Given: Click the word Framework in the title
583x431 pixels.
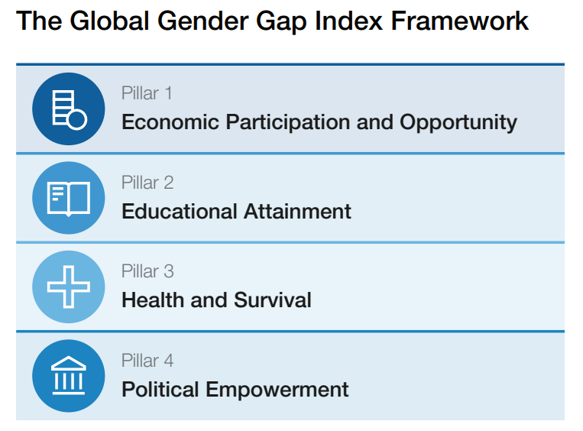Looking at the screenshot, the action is pyautogui.click(x=459, y=21).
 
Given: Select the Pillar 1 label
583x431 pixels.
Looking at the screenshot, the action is pyautogui.click(x=147, y=93).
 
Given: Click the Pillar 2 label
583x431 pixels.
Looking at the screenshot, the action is pyautogui.click(x=147, y=183).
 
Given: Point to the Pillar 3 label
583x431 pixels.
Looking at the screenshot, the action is pyautogui.click(x=147, y=271).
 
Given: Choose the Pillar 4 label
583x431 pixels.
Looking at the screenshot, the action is pyautogui.click(x=147, y=361).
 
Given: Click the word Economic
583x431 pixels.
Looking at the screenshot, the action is pyautogui.click(x=170, y=122).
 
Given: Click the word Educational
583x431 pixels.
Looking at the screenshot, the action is pyautogui.click(x=180, y=211).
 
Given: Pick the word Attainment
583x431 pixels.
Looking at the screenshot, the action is pyautogui.click(x=297, y=211).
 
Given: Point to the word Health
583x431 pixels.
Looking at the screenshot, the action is pyautogui.click(x=153, y=300).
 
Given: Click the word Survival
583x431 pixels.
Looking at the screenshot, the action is pyautogui.click(x=273, y=300).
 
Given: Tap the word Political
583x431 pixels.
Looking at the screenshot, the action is pyautogui.click(x=160, y=389).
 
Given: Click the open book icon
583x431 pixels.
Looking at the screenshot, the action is pyautogui.click(x=69, y=199).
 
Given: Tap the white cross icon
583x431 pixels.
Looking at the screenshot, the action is pyautogui.click(x=69, y=287).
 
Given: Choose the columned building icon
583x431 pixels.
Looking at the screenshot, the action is pyautogui.click(x=69, y=375).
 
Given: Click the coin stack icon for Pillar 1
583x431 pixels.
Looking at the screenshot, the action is pyautogui.click(x=70, y=110).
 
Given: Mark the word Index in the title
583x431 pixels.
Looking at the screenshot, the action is pyautogui.click(x=348, y=21).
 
